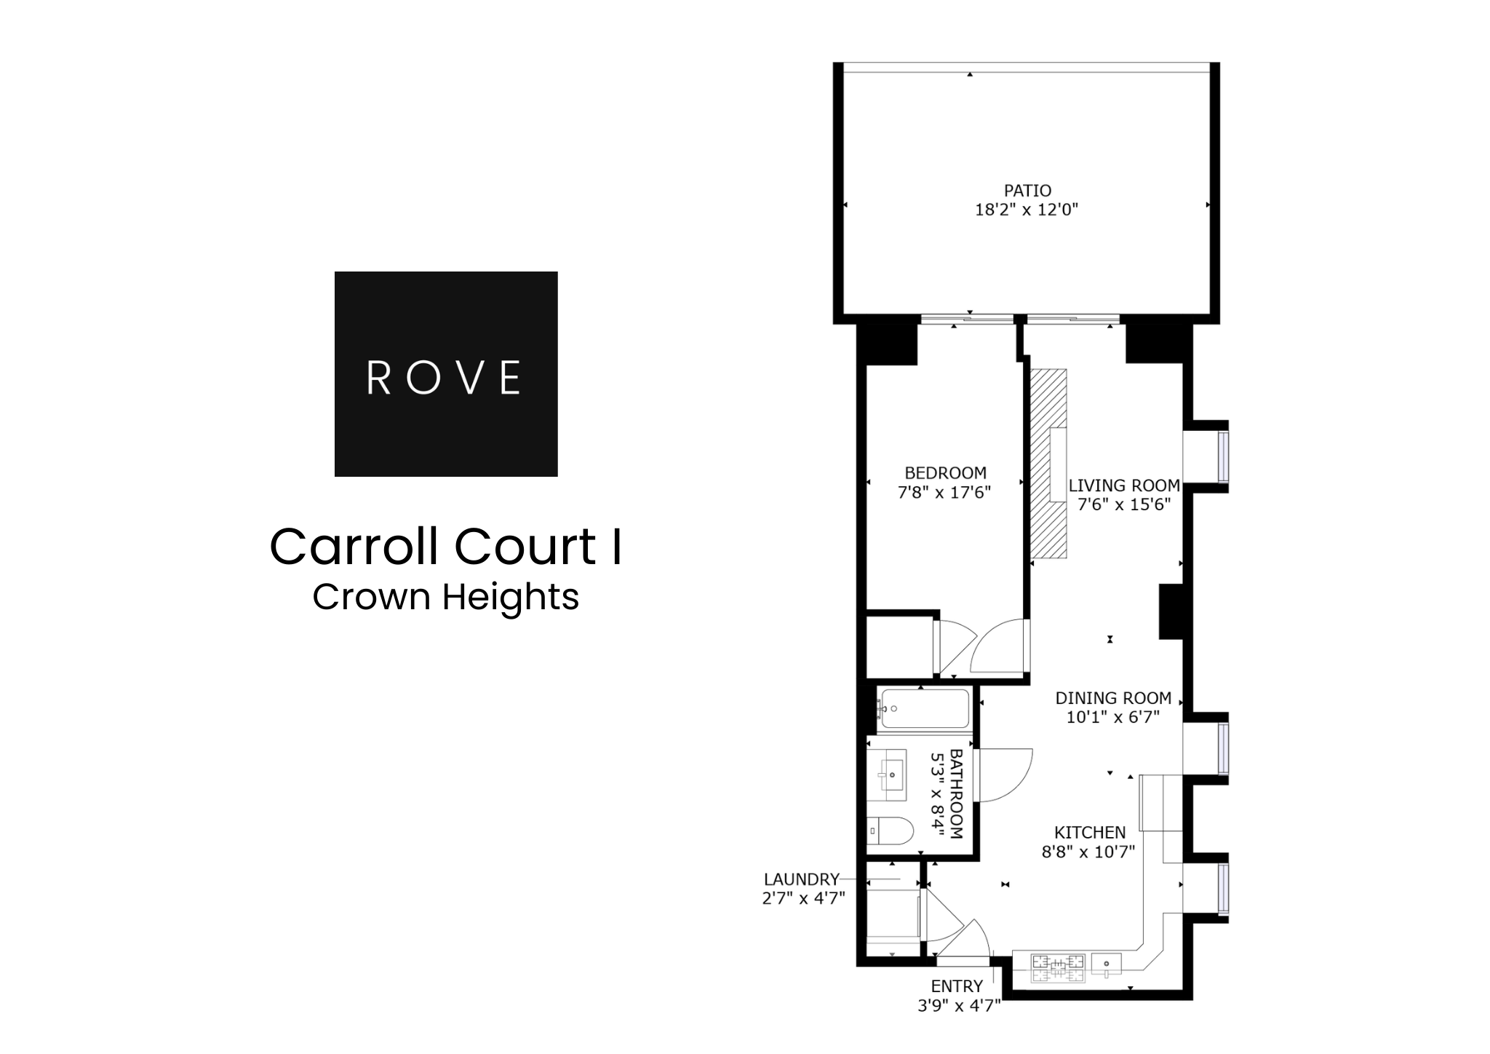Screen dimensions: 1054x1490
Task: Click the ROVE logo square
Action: click(445, 373)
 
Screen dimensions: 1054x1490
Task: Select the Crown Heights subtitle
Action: click(445, 597)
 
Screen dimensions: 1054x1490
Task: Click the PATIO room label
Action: click(1027, 191)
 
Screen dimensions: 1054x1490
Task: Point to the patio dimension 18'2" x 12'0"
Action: click(1026, 210)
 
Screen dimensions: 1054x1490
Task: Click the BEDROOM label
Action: click(945, 472)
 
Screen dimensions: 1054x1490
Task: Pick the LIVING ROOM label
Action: click(1124, 486)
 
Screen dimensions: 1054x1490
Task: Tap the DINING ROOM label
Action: click(1113, 698)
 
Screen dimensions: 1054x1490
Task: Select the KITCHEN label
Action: click(1090, 832)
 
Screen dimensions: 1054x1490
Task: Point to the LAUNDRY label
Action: click(801, 879)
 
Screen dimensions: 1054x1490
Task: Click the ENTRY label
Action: click(957, 986)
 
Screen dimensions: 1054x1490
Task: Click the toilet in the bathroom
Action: click(890, 831)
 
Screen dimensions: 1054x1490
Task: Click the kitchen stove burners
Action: click(1058, 967)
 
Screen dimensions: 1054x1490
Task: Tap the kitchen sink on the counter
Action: click(1105, 965)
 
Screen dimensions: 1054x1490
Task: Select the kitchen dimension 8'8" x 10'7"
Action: click(1088, 852)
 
